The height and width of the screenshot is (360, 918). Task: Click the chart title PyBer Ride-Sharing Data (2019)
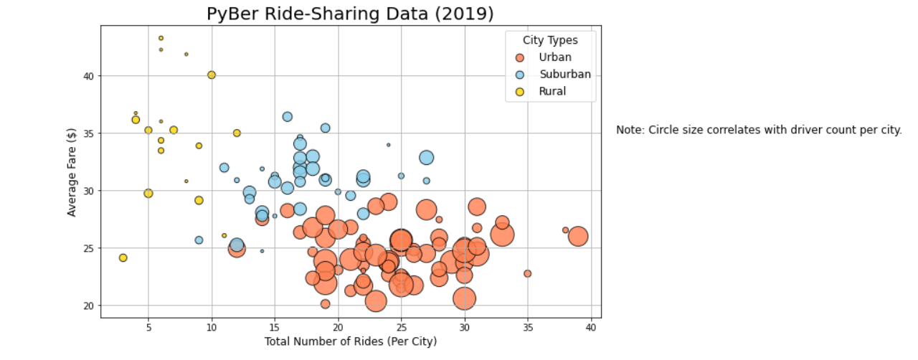(x=350, y=14)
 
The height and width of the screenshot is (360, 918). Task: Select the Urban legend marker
(x=521, y=57)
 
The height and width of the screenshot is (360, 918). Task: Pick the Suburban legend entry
(x=565, y=75)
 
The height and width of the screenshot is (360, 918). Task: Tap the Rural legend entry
(x=552, y=91)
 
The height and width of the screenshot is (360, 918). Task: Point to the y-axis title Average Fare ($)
(x=72, y=171)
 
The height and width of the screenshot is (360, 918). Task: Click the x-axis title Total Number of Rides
(x=350, y=341)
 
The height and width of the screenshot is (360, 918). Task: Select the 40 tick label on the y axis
(x=87, y=76)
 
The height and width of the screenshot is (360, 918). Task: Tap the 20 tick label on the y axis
(x=87, y=305)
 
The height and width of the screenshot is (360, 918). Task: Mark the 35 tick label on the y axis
(x=87, y=133)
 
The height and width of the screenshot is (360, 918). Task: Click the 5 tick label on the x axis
(x=148, y=327)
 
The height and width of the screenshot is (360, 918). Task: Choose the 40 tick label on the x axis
(x=591, y=327)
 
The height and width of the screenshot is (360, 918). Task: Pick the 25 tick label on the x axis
(x=402, y=327)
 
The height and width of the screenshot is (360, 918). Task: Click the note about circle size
(x=759, y=131)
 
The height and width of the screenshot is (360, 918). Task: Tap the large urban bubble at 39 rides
(x=578, y=236)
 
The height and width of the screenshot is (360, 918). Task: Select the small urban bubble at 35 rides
(x=528, y=273)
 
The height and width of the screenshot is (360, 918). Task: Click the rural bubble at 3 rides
(x=123, y=257)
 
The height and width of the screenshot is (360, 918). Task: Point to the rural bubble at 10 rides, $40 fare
(x=212, y=75)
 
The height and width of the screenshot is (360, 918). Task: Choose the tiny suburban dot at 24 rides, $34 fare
(x=389, y=145)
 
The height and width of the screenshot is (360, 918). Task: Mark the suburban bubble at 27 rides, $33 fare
(x=427, y=157)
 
